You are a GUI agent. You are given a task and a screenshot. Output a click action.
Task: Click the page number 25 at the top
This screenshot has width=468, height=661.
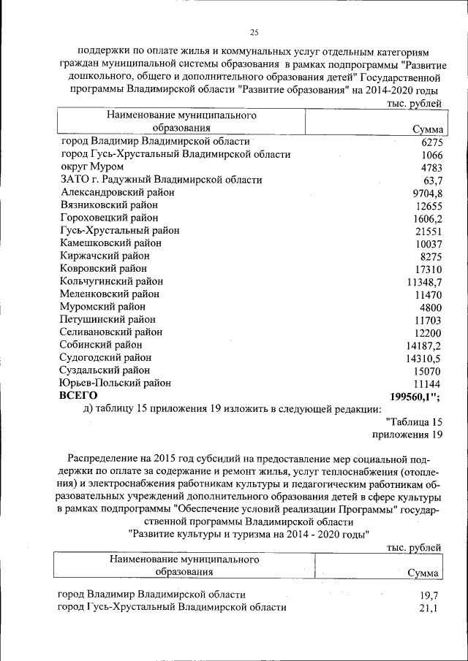[x=254, y=32]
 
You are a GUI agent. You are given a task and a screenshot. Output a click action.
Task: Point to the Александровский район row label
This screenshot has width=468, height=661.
[x=118, y=193]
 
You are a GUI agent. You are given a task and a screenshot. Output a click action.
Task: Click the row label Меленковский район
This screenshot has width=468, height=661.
[x=110, y=294]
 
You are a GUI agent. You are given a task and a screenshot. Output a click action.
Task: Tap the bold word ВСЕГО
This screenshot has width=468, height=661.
[x=78, y=395]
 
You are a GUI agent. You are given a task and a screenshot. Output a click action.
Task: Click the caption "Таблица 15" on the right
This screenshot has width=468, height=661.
[x=414, y=422]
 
